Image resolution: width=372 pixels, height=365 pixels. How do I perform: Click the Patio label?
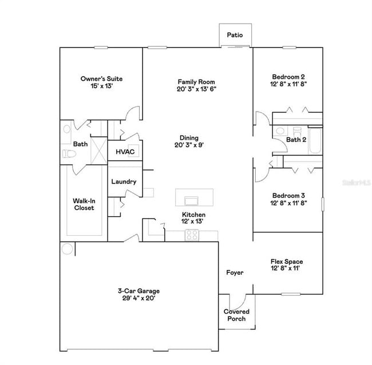[235, 35]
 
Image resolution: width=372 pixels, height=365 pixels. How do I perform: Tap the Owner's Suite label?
[101, 79]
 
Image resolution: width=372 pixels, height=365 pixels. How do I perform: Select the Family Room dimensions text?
[196, 89]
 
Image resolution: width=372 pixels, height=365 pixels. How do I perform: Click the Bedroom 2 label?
[288, 77]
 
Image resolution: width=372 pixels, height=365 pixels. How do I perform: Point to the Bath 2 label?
[296, 140]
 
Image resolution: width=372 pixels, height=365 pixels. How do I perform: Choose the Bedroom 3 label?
[288, 196]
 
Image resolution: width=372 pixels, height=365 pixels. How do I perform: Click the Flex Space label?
[287, 262]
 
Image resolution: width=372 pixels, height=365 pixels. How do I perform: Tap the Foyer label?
[235, 273]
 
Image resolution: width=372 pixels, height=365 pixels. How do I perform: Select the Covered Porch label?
[236, 315]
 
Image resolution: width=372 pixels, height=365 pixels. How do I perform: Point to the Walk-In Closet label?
[84, 204]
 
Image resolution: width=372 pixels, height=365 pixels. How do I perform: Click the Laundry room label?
[124, 182]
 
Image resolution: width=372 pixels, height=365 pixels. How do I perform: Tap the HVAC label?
[125, 152]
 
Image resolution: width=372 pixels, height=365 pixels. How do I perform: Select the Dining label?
[189, 138]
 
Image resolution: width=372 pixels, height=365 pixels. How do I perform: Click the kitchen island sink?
[191, 200]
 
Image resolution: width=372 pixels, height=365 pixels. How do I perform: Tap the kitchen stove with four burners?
[192, 234]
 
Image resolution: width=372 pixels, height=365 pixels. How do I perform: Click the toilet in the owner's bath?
[68, 154]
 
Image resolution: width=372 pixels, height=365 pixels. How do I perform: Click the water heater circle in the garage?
[68, 248]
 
